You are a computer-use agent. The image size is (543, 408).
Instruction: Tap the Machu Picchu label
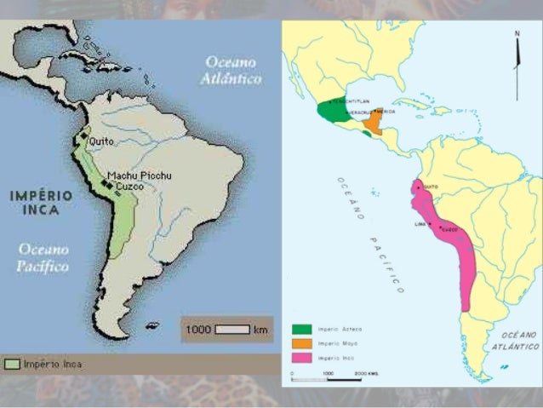[140, 175]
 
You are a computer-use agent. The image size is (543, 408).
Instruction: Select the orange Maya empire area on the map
[372, 125]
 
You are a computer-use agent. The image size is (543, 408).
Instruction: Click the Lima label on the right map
[420, 224]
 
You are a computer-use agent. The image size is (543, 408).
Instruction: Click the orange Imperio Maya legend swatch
[301, 343]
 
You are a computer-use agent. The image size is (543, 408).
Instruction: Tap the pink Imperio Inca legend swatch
[301, 357]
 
